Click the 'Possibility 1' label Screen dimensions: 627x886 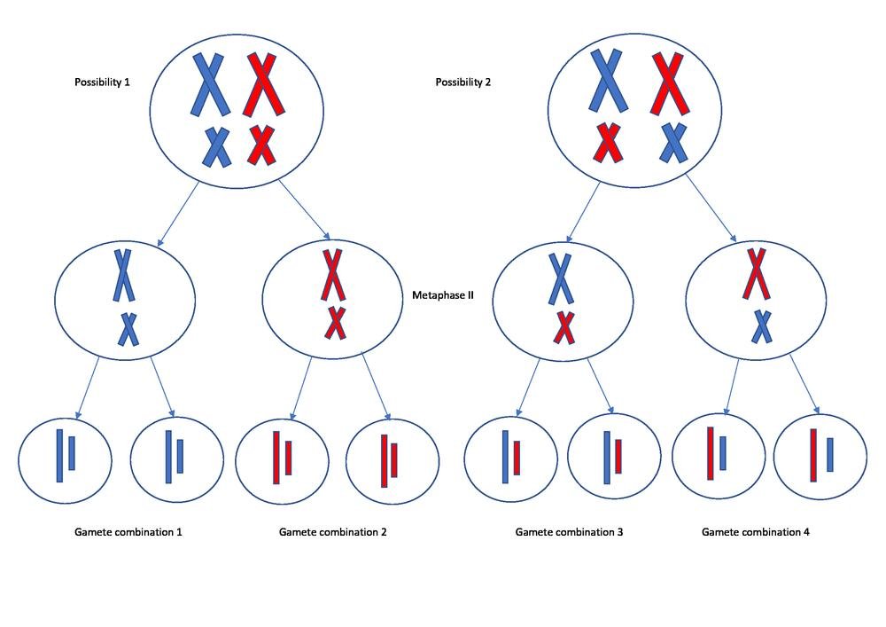click(102, 82)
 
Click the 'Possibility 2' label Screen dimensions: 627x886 click(462, 82)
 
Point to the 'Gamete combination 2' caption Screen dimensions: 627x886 click(332, 532)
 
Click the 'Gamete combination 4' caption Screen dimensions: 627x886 click(755, 532)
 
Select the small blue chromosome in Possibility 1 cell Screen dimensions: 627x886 click(216, 146)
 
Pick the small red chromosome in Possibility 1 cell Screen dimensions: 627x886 click(261, 145)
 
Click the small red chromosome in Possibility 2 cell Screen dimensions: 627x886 click(609, 143)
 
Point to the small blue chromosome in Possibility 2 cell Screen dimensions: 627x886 click(674, 143)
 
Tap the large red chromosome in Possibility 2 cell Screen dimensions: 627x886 click(671, 83)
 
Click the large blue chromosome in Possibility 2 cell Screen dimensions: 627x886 click(609, 81)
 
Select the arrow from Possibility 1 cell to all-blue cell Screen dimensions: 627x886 click(180, 214)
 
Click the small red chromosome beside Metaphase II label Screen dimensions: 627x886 click(334, 323)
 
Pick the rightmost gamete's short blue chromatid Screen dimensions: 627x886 click(830, 454)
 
